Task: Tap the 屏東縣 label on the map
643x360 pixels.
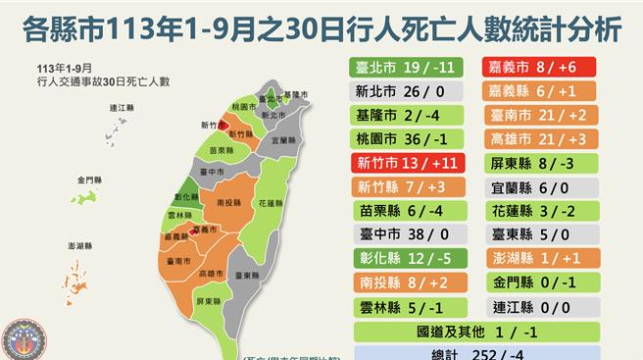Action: tap(211, 300)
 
